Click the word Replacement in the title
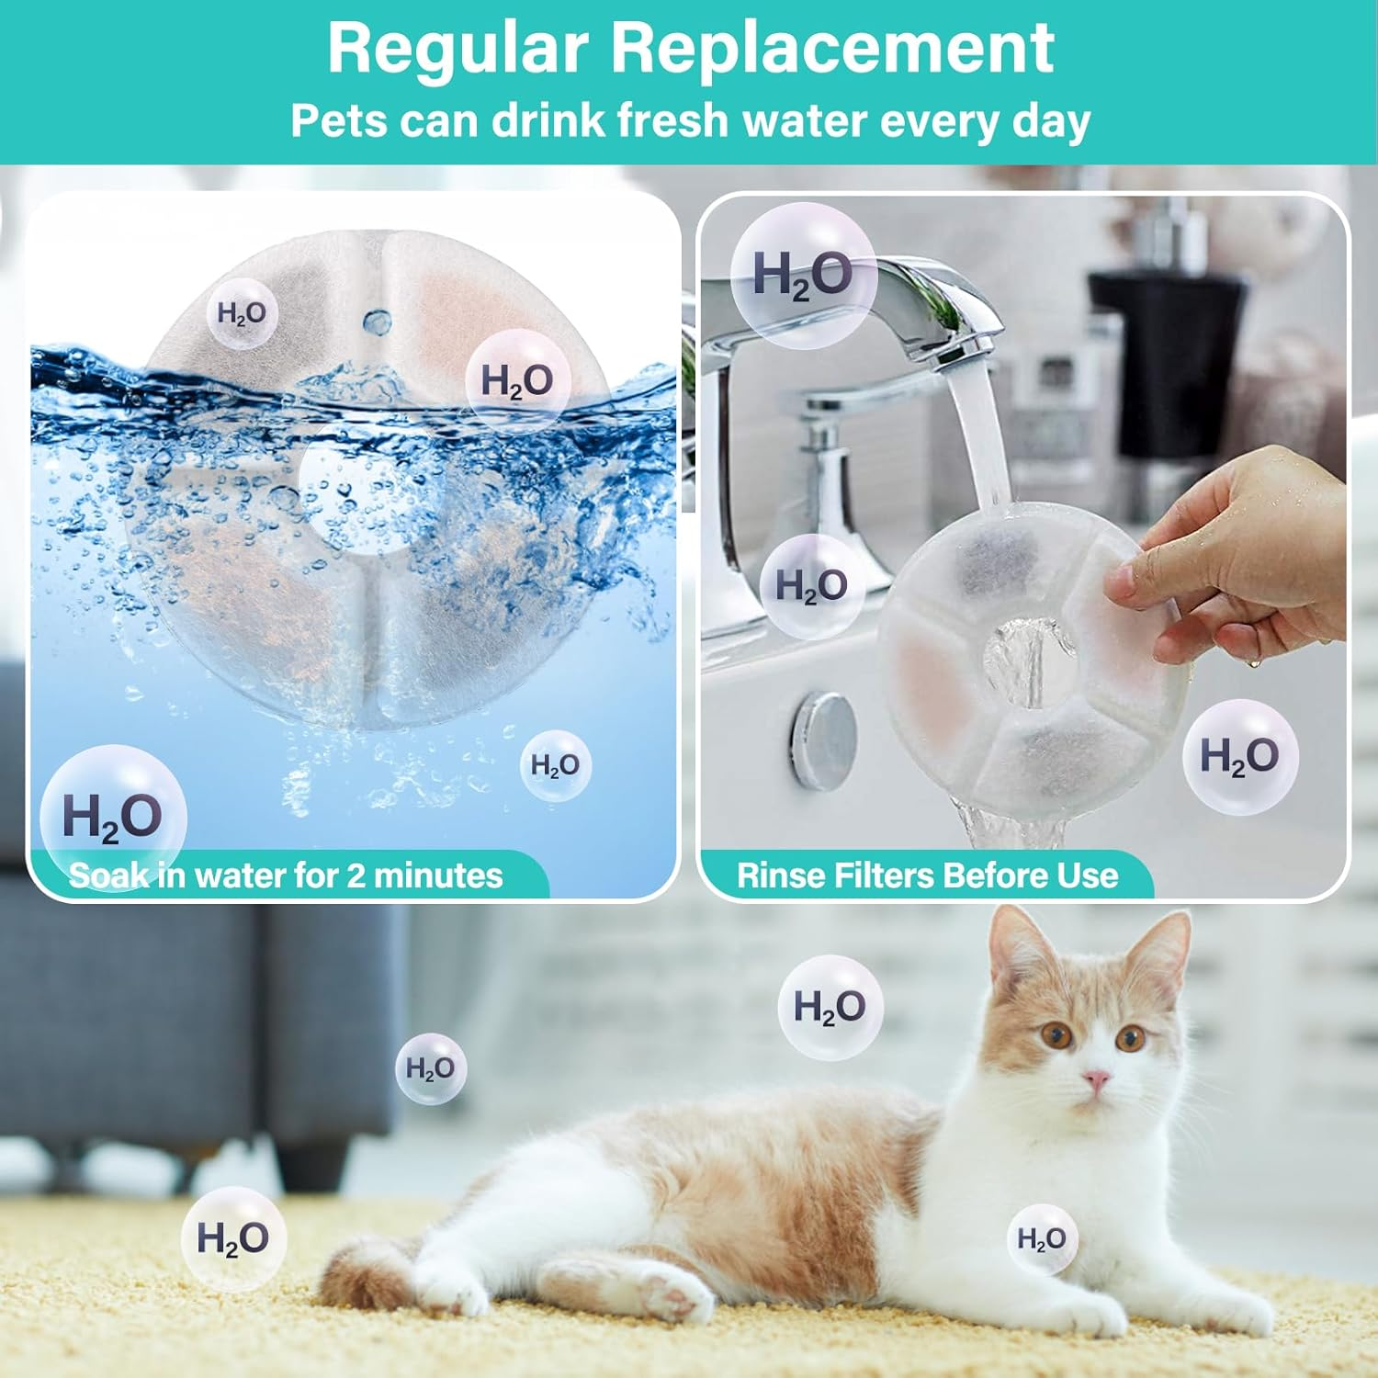coord(832,48)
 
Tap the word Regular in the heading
coord(457,48)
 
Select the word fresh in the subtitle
coord(672,120)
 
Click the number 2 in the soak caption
coord(356,875)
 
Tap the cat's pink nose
coord(1095,1079)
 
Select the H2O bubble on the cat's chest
coord(1041,1239)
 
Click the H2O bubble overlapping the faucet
coord(803,275)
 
